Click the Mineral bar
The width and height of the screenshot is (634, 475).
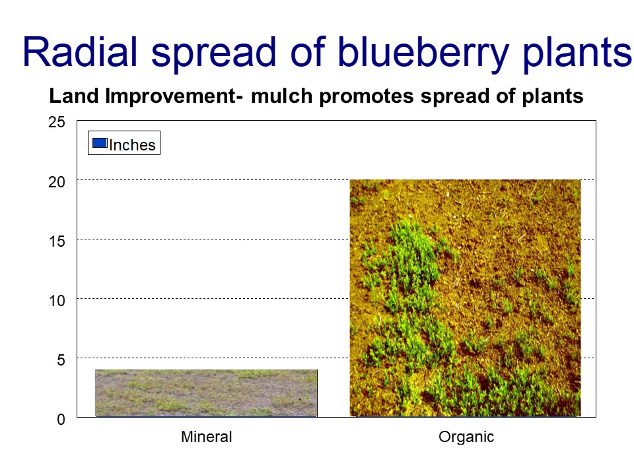(206, 393)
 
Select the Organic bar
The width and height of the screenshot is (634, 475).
(465, 298)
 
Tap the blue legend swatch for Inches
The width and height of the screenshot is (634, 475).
(100, 143)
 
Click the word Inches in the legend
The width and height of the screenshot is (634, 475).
(132, 145)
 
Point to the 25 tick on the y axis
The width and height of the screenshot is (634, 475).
(57, 122)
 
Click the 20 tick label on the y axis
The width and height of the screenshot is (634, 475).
(57, 182)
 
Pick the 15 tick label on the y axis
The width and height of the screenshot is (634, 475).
(57, 241)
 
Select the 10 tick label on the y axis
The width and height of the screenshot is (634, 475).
(57, 301)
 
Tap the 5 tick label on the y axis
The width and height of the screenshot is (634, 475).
(61, 360)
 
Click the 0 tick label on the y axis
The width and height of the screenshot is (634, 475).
(61, 420)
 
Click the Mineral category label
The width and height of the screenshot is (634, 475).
(207, 437)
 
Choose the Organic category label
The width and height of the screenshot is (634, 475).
(466, 437)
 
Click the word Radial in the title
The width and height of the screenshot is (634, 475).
(80, 51)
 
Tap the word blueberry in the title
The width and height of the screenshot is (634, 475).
(423, 54)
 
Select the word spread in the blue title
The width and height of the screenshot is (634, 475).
(213, 54)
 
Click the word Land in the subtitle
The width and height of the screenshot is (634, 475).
(74, 96)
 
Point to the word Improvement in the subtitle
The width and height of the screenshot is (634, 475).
(170, 97)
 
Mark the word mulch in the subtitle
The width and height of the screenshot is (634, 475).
(281, 96)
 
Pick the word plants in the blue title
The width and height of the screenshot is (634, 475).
(577, 54)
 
